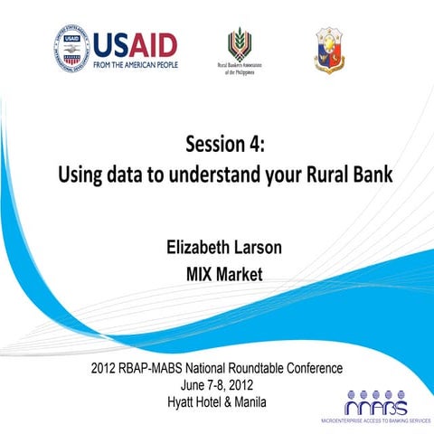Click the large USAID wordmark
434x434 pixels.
coord(137,44)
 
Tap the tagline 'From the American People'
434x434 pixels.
coord(137,65)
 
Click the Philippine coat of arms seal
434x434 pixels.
coord(328,50)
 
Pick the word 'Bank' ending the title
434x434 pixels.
coord(374,174)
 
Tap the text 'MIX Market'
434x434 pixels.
coord(224,274)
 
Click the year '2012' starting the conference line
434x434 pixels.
coord(107,369)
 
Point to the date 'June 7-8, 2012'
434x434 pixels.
coord(222,383)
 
